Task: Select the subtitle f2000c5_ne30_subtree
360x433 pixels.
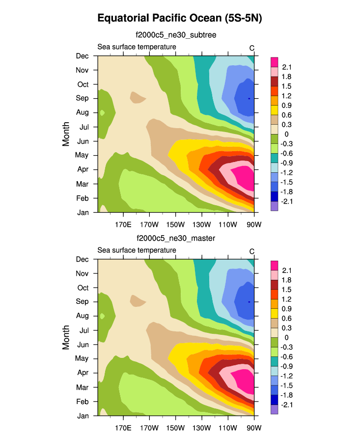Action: pyautogui.click(x=176, y=35)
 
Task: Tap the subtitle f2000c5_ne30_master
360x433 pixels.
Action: pyautogui.click(x=176, y=238)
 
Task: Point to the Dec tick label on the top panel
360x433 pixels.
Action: pyautogui.click(x=82, y=56)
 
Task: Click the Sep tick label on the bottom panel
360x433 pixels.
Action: pyautogui.click(x=82, y=301)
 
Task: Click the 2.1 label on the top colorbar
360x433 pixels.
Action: pyautogui.click(x=287, y=67)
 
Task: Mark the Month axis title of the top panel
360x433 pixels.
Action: pyautogui.click(x=66, y=134)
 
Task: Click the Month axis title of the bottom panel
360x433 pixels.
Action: pyautogui.click(x=66, y=337)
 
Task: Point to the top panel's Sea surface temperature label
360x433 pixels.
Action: pyautogui.click(x=137, y=47)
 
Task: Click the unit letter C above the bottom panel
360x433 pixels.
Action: pyautogui.click(x=252, y=251)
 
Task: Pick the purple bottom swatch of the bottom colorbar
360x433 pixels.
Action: pyautogui.click(x=275, y=410)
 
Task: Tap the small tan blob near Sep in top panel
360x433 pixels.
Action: pyautogui.click(x=138, y=97)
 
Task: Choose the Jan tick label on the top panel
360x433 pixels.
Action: pyautogui.click(x=82, y=212)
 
